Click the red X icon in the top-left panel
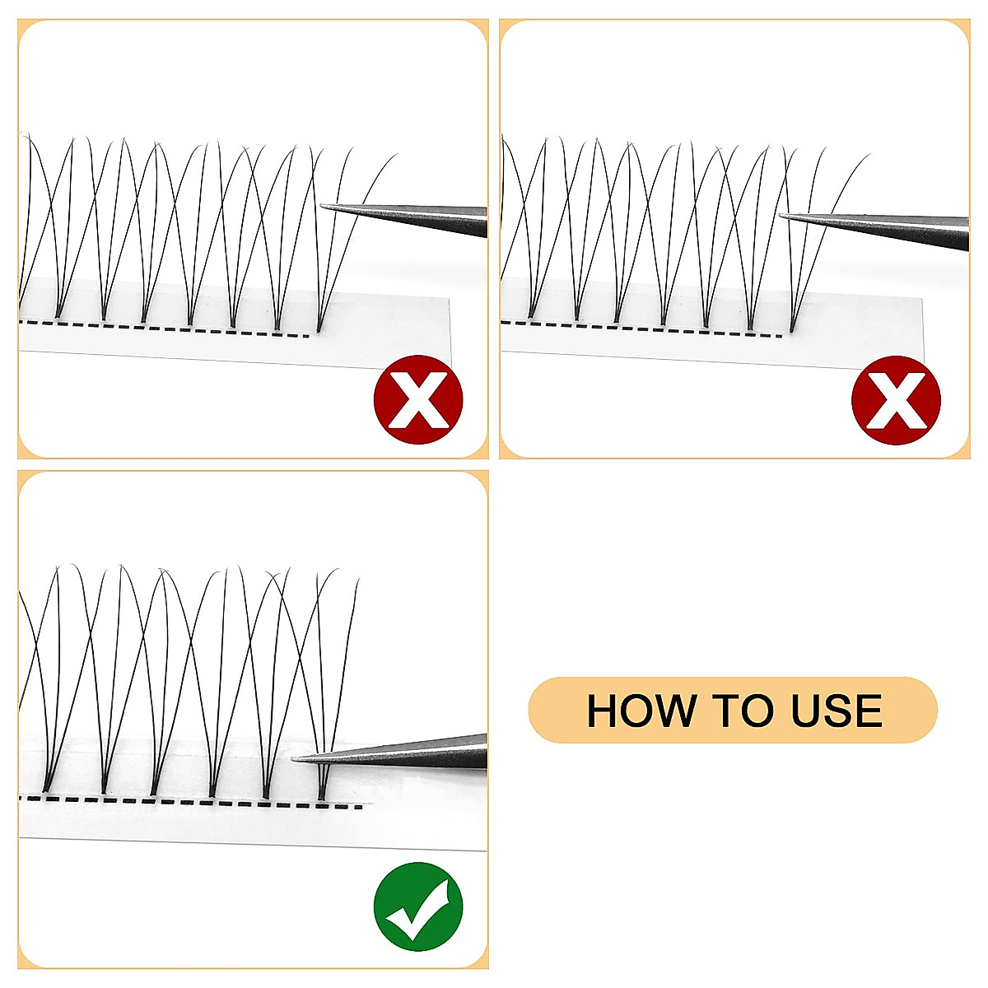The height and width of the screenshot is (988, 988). click(418, 400)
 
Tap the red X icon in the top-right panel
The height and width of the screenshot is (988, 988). click(896, 400)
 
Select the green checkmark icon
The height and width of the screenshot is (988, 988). click(418, 906)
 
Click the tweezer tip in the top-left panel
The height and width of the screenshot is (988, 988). click(322, 207)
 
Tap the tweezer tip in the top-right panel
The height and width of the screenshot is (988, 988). click(781, 216)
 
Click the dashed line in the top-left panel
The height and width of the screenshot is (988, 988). click(165, 329)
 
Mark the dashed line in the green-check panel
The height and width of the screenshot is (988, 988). click(189, 802)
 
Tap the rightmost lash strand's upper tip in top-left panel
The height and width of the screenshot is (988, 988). click(397, 154)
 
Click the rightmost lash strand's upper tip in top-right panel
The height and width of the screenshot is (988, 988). click(868, 155)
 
